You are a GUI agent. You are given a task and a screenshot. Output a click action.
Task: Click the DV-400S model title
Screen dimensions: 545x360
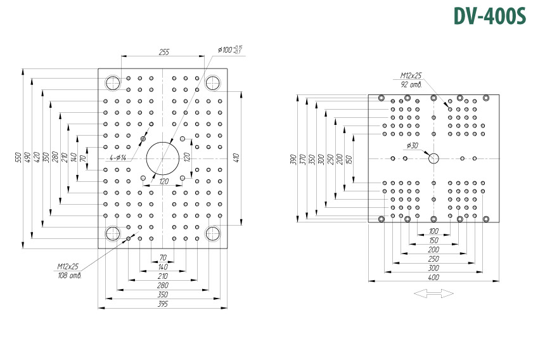489,16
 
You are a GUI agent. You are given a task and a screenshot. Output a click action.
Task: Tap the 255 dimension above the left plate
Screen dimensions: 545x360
163,52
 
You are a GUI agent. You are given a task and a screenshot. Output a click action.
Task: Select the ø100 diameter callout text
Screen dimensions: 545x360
230,49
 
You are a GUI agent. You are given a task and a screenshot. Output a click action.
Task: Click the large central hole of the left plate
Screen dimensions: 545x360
163,158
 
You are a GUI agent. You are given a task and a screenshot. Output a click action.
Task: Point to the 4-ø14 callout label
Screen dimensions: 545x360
118,158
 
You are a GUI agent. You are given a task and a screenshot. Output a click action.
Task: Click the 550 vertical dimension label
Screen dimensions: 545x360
19,157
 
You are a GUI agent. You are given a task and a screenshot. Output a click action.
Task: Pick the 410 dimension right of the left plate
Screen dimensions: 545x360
236,158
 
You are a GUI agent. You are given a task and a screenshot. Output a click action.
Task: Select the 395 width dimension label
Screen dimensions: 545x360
163,304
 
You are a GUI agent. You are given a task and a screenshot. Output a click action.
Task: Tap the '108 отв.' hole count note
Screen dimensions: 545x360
70,276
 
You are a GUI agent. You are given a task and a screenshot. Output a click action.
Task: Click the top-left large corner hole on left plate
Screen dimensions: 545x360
113,83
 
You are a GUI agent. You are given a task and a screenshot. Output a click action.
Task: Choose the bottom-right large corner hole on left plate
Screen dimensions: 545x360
213,233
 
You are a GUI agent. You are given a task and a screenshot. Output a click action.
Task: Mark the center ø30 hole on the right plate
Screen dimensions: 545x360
433,158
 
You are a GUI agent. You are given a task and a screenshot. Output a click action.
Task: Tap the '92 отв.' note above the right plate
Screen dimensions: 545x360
411,85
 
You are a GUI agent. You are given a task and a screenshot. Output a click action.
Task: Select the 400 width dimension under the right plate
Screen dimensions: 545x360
433,278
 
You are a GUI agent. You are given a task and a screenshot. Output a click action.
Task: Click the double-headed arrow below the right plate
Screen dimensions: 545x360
433,293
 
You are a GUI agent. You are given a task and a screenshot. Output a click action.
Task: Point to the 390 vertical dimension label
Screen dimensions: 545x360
294,159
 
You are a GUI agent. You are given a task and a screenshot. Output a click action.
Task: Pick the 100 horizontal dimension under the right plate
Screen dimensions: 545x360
433,231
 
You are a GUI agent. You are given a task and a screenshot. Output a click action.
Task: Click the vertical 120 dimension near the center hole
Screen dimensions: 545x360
186,158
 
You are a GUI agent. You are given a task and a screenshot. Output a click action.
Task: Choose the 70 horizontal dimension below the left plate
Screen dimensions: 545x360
163,258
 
